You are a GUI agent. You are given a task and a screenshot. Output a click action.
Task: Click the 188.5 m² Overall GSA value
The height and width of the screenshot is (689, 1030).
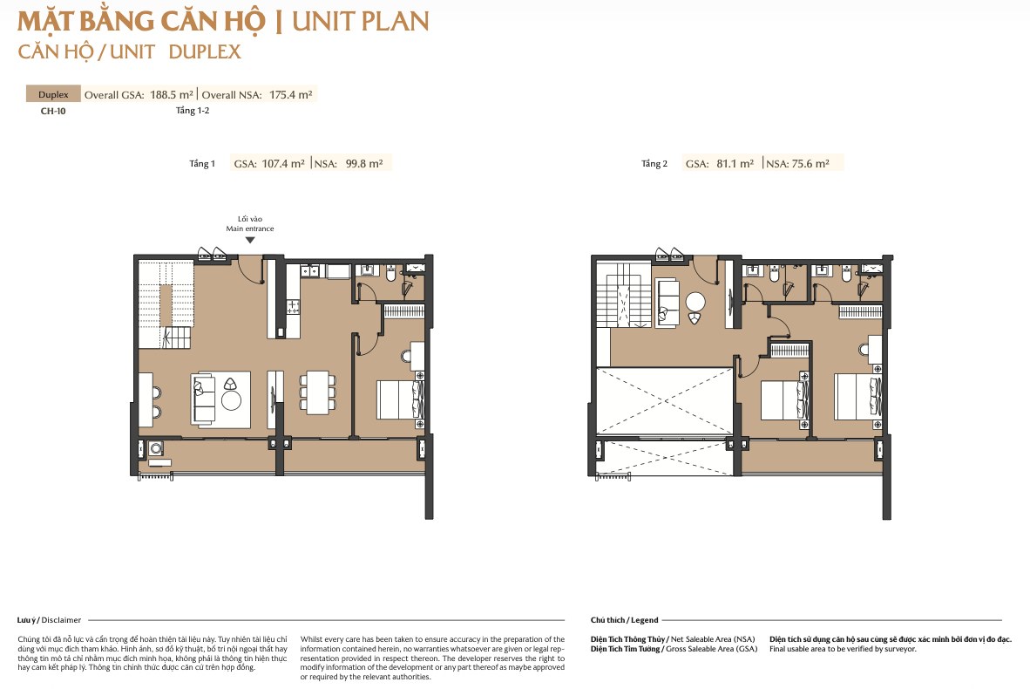[172, 95]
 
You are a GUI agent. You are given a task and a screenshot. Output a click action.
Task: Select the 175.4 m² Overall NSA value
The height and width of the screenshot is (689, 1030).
[290, 95]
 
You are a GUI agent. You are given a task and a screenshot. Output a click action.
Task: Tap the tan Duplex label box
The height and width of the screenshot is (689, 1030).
[53, 94]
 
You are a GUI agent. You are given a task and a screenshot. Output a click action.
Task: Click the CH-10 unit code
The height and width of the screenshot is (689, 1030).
[53, 111]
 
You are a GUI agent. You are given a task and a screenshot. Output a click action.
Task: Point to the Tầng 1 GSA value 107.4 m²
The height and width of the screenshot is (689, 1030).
[283, 164]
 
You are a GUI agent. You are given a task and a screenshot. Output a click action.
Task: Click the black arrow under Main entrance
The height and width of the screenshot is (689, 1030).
[250, 240]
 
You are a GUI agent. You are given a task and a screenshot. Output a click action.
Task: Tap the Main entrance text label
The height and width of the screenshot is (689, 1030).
[250, 229]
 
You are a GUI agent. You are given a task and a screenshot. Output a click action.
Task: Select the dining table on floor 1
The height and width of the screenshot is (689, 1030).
[318, 393]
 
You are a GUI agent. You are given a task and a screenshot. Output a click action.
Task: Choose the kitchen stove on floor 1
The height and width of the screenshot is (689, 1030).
[293, 306]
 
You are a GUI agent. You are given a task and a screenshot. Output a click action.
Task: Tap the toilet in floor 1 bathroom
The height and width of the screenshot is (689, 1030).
[391, 274]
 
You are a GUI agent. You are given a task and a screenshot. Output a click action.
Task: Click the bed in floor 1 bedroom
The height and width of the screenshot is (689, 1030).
[400, 399]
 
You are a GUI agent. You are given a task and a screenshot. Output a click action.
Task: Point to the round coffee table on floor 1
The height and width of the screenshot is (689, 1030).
[231, 399]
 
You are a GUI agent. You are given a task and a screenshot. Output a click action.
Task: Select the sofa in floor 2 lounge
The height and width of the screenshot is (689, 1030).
[668, 303]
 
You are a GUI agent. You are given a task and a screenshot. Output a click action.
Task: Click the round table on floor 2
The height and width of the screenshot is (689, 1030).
[695, 303]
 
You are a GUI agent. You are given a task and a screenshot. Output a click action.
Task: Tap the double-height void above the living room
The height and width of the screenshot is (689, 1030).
[665, 401]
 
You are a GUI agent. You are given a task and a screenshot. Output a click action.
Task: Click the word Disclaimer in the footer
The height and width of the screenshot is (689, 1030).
[61, 620]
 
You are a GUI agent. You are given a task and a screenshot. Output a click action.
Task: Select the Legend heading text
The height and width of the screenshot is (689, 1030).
[645, 620]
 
